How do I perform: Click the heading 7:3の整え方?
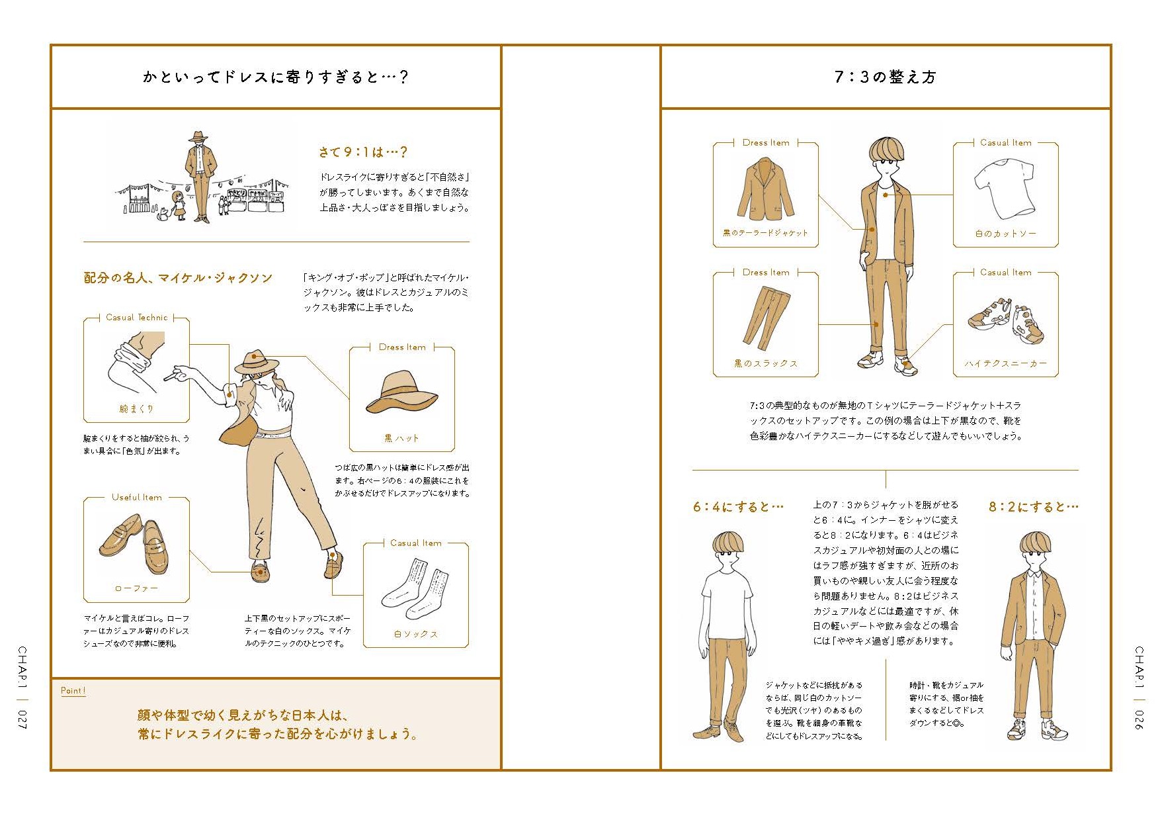tap(885, 77)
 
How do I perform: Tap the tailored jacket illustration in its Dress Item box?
tap(765, 189)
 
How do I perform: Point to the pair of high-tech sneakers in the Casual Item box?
tap(1006, 320)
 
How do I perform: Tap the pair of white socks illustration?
tap(415, 589)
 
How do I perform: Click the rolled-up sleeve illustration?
tap(136, 363)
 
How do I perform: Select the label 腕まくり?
tap(136, 409)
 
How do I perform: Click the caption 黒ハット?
tap(401, 438)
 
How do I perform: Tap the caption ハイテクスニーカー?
tap(1005, 363)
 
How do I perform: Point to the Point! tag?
tap(73, 690)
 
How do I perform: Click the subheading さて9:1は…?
tap(362, 152)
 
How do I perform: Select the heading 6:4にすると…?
tap(738, 507)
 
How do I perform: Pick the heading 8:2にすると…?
tap(1033, 507)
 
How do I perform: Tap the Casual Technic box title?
tap(137, 318)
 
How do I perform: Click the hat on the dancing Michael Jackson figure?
tap(257, 362)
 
